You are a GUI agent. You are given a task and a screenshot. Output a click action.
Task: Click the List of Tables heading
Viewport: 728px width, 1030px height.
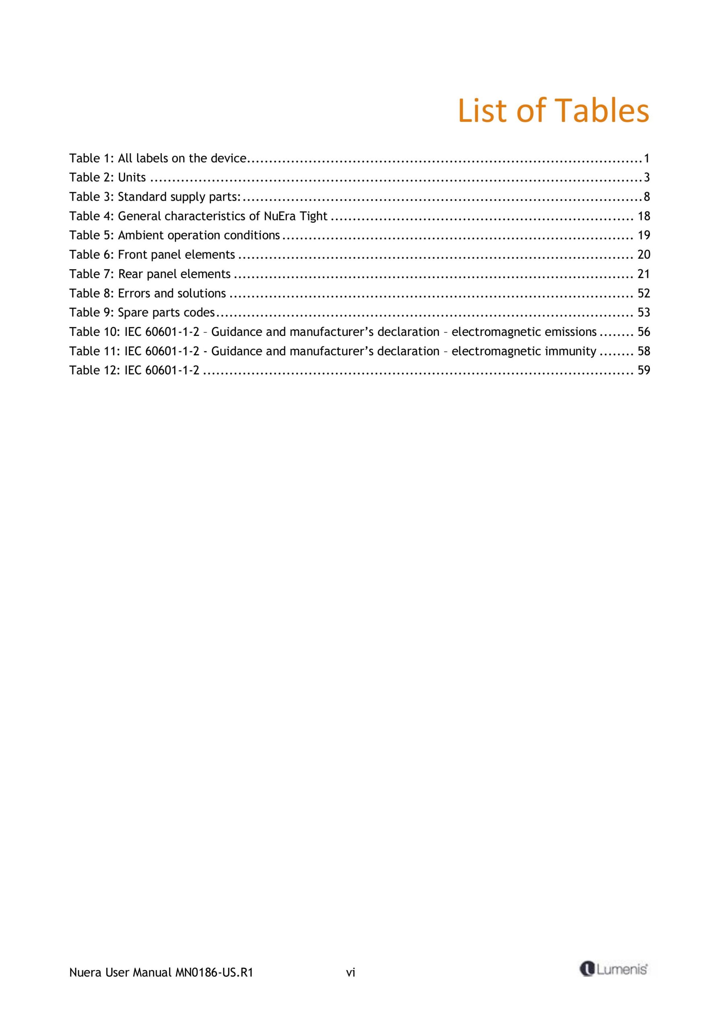553,110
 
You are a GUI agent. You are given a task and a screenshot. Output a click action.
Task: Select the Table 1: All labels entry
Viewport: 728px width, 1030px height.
157,159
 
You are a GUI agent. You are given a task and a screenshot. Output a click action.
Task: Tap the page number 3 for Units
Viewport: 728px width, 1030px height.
646,178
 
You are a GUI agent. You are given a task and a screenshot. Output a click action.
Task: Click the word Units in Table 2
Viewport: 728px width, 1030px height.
132,178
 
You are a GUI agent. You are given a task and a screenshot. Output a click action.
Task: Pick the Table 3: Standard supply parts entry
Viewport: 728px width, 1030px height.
155,197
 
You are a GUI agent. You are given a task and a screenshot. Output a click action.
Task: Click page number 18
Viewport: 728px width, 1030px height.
644,216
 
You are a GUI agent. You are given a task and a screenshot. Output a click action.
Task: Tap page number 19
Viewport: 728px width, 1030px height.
644,235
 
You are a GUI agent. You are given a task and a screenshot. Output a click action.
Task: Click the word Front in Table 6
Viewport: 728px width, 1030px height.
133,255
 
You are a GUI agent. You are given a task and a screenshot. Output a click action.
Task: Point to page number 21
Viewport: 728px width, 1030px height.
644,274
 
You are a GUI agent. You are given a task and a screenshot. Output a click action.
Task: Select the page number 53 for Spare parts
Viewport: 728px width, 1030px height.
644,313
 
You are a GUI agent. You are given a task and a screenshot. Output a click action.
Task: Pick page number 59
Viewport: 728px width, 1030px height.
644,371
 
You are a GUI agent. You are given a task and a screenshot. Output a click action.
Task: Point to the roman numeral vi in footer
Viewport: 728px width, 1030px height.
350,972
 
